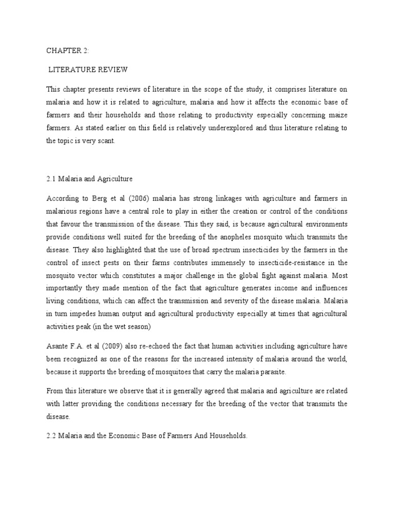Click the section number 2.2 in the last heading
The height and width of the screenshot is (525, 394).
tap(51, 436)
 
